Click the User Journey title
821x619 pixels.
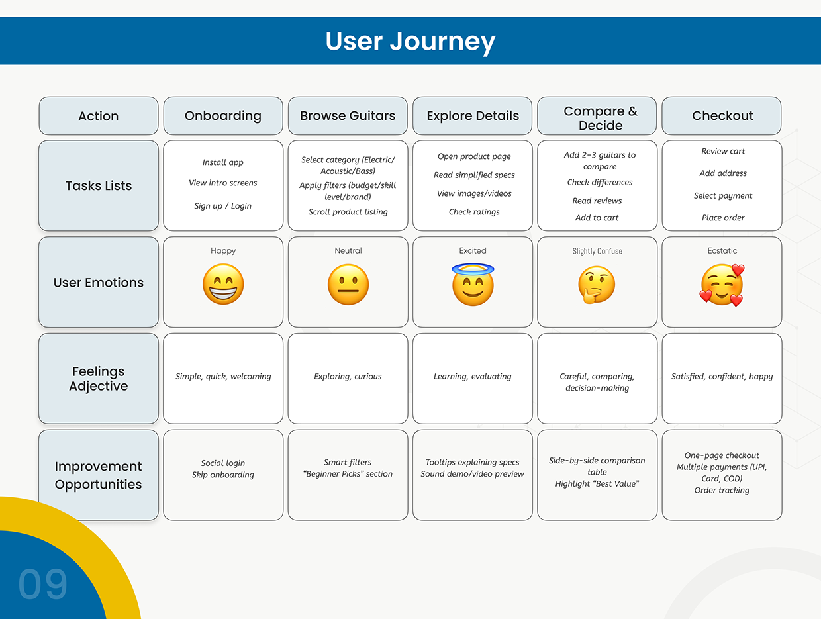410,41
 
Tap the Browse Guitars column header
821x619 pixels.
348,116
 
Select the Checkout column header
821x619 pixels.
722,116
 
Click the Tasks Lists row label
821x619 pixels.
99,186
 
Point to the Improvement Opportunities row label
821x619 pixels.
99,475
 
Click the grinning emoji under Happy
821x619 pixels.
223,285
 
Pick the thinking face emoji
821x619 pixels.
597,285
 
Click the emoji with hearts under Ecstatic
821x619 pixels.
722,285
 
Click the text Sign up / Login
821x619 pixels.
223,206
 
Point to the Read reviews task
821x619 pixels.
597,201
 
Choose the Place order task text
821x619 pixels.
723,218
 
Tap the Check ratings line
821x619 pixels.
474,212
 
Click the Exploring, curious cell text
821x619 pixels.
348,377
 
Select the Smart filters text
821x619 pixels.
348,463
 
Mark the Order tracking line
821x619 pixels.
722,491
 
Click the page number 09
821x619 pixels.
43,585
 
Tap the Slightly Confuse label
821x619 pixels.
597,252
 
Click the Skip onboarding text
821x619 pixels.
223,475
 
